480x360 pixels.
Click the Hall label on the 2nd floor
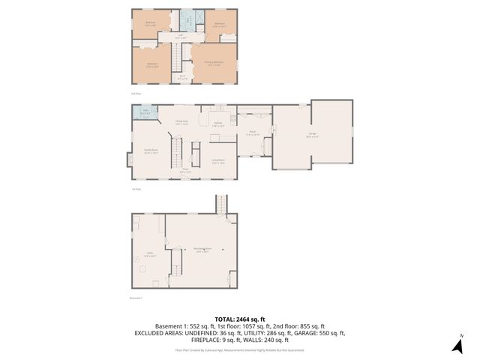click(181, 35)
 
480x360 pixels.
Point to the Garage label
click(311, 136)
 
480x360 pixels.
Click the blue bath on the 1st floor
click(145, 113)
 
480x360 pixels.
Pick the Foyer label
click(184, 171)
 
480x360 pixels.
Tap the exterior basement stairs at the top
click(220, 204)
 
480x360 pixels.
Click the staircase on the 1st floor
click(178, 152)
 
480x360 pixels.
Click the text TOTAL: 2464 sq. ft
click(239, 319)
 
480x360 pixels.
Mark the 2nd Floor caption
click(136, 93)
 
